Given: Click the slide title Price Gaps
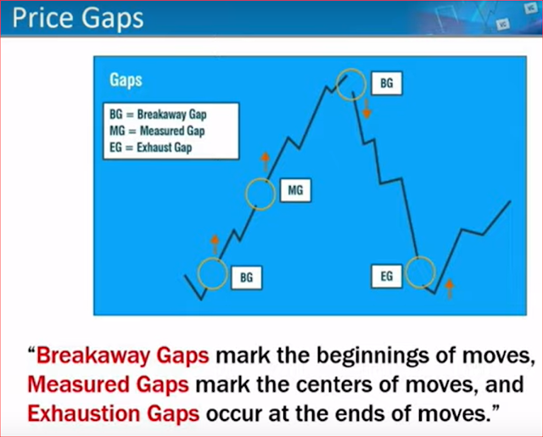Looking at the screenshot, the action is pyautogui.click(x=78, y=19).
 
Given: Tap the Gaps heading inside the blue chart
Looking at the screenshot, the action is pyautogui.click(x=126, y=81).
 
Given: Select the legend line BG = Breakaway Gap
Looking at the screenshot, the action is pyautogui.click(x=158, y=115).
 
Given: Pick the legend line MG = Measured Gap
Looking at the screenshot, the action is pyautogui.click(x=157, y=131).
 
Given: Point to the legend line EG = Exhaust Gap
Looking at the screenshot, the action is pyautogui.click(x=151, y=148).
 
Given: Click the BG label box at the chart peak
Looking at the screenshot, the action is pyautogui.click(x=387, y=83).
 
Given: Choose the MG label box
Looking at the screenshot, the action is pyautogui.click(x=295, y=190).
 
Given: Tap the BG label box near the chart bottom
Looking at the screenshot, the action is pyautogui.click(x=247, y=277).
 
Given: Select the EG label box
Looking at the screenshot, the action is pyautogui.click(x=387, y=277).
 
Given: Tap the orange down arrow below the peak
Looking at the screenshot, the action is pyautogui.click(x=367, y=109).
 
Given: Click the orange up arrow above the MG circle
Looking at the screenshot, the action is pyautogui.click(x=265, y=162).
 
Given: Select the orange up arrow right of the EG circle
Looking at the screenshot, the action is pyautogui.click(x=449, y=289).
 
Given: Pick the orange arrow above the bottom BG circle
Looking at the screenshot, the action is pyautogui.click(x=215, y=244).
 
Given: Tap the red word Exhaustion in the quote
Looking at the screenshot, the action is pyautogui.click(x=83, y=413).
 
